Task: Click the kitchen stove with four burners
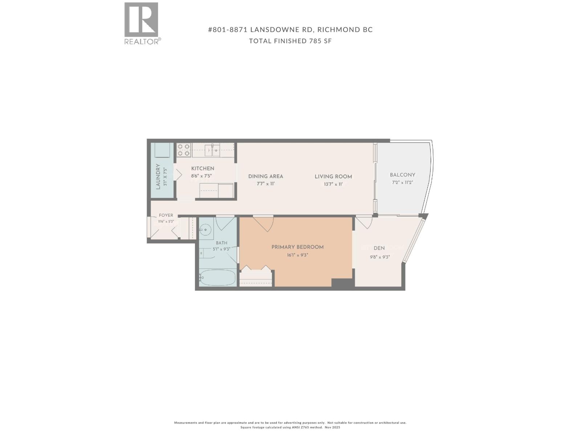(184, 150)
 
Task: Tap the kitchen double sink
(212, 150)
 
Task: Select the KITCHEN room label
(203, 169)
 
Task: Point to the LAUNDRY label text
(158, 177)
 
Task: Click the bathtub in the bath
(218, 278)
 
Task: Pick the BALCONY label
(402, 175)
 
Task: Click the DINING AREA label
(265, 176)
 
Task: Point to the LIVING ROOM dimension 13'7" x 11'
(333, 184)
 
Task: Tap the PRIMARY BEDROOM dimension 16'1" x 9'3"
(297, 255)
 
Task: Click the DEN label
(379, 248)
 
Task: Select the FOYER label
(166, 215)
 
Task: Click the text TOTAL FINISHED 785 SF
(290, 41)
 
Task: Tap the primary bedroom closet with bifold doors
(256, 278)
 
